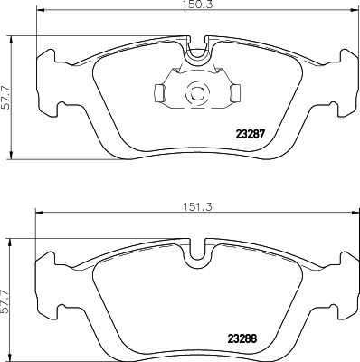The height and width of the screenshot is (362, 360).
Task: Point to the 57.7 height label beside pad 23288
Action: click(8, 293)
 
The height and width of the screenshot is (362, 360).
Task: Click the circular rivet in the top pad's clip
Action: click(195, 91)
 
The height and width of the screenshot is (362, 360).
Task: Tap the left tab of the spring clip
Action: click(157, 91)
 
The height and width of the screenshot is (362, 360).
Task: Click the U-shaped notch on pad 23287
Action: click(195, 54)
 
